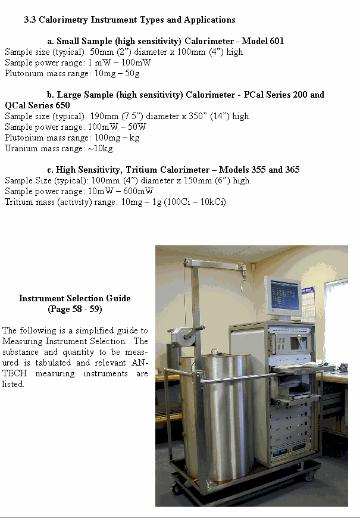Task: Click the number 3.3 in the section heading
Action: pos(30,20)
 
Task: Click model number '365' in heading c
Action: pos(292,170)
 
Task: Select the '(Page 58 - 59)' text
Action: pos(74,309)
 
